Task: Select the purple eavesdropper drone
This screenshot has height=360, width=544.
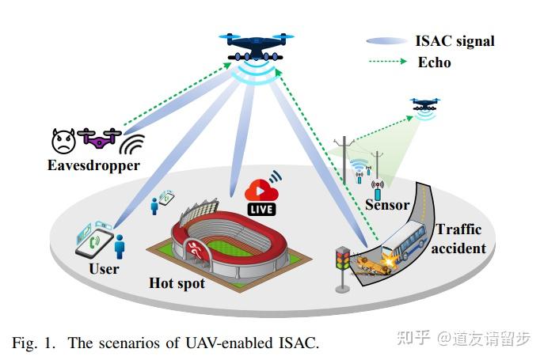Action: (x=98, y=139)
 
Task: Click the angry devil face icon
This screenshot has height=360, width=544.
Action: (x=63, y=141)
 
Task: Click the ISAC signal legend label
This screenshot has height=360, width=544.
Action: (x=455, y=41)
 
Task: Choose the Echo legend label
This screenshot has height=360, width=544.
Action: (x=434, y=62)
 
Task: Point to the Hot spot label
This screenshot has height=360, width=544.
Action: (x=177, y=282)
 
